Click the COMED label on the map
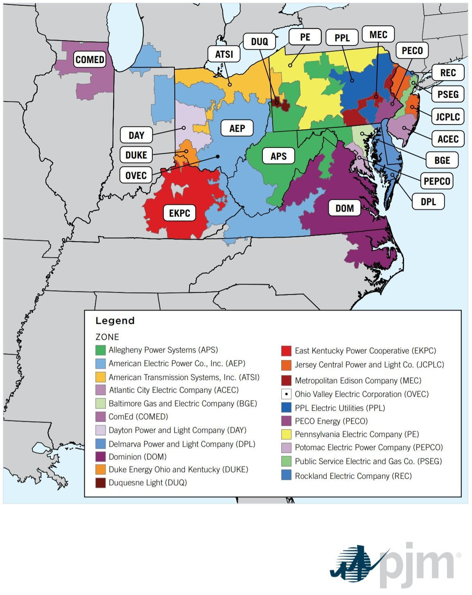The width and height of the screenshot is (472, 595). click(x=90, y=59)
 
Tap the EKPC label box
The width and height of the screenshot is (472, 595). click(x=179, y=213)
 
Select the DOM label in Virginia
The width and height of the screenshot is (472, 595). click(x=344, y=208)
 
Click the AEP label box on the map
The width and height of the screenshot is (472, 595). click(x=237, y=128)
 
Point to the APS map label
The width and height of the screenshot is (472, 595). click(x=278, y=156)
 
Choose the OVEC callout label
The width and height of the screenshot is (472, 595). click(x=136, y=175)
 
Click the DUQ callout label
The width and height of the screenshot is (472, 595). click(x=259, y=42)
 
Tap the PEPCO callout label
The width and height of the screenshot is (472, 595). click(x=437, y=181)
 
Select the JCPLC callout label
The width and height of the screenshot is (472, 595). click(x=447, y=117)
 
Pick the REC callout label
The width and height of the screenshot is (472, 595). click(x=447, y=72)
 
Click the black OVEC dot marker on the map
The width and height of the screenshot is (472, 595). click(x=218, y=156)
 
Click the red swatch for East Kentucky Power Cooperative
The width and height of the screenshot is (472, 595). click(x=286, y=351)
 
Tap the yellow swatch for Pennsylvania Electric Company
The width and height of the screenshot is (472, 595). click(x=286, y=434)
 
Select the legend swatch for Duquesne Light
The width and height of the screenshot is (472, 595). click(x=100, y=483)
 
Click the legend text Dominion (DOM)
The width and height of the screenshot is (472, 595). click(x=137, y=457)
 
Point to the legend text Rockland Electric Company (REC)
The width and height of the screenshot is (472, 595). click(x=353, y=476)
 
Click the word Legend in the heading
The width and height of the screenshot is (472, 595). click(x=115, y=321)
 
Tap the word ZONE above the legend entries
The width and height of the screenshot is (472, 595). click(x=107, y=337)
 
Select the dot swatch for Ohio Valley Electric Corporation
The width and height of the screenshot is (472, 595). click(x=286, y=394)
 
